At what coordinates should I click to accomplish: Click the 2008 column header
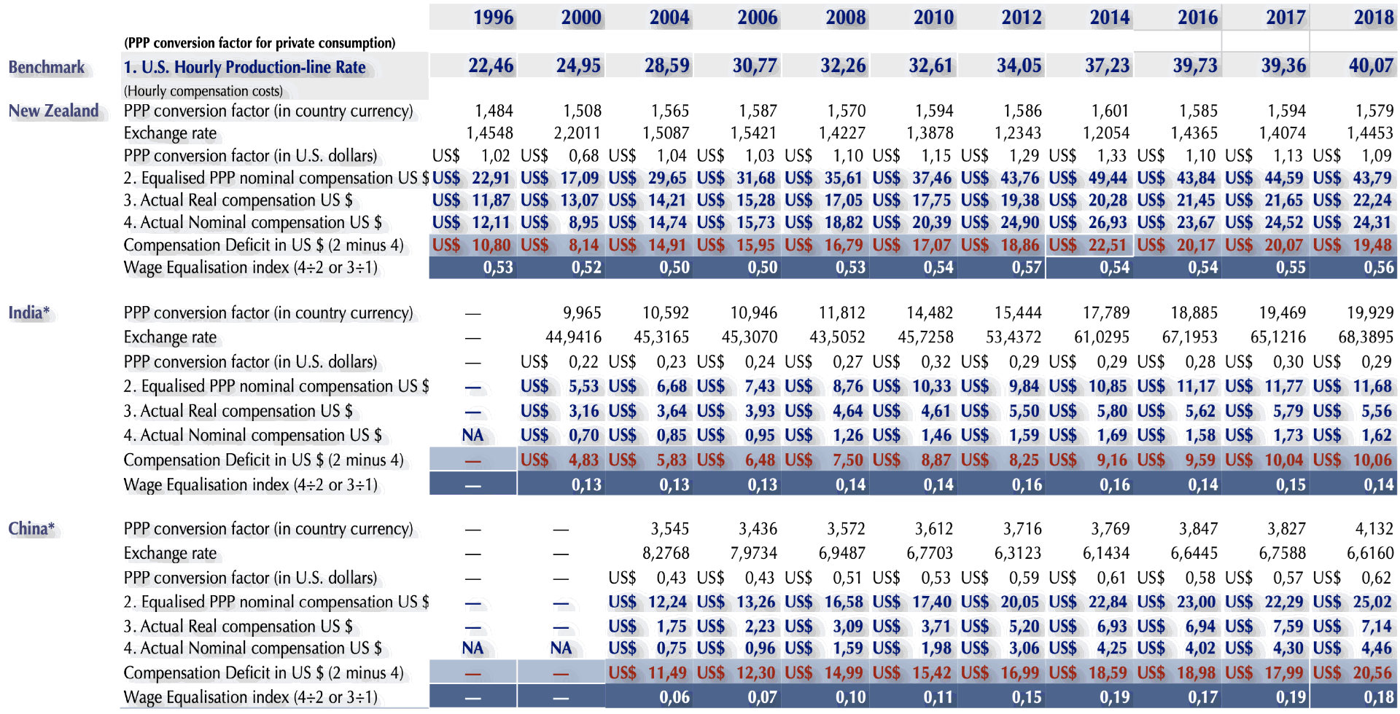pos(845,17)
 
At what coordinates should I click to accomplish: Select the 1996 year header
pos(493,17)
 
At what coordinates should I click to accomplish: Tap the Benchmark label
pos(47,68)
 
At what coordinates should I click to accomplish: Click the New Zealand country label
pos(54,111)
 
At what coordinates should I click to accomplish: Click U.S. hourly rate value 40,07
pos(1371,66)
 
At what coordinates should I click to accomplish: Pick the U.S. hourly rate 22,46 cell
pos(491,66)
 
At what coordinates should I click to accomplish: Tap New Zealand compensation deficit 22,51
pos(1107,246)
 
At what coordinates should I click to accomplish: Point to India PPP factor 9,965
pos(582,313)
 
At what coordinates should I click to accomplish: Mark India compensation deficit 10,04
pos(1283,460)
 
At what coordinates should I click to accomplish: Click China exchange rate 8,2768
pos(666,554)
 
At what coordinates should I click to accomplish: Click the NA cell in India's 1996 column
pos(472,436)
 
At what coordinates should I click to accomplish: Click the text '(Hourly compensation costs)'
pos(203,91)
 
